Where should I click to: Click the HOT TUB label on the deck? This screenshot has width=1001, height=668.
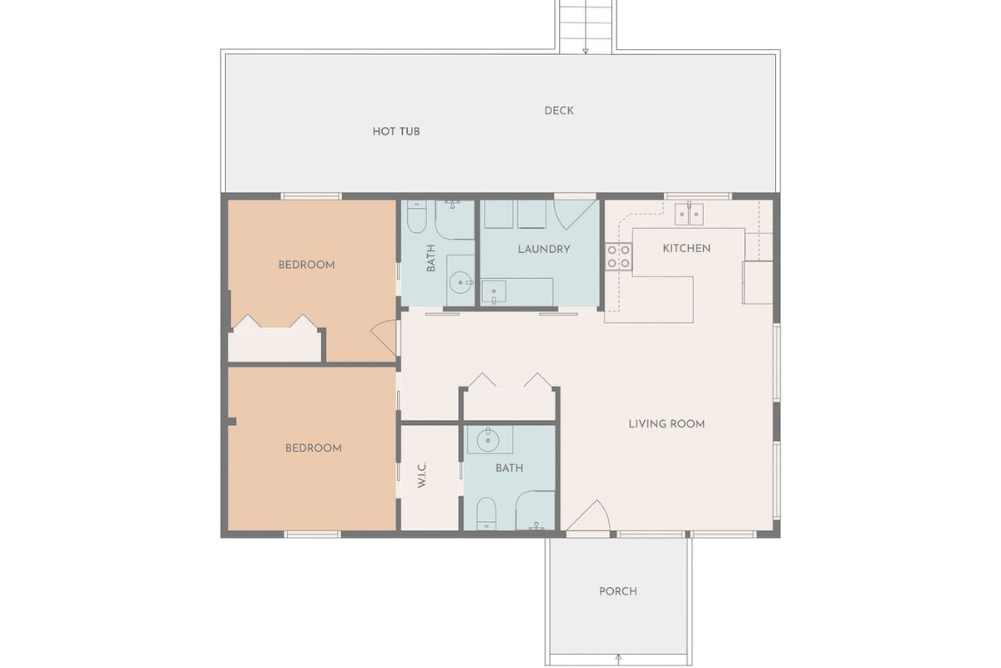pos(396,132)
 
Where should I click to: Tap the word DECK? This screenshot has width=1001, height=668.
pos(559,111)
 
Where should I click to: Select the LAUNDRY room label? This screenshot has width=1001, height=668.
pos(544,249)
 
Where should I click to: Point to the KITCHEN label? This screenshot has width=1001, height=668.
pos(687,248)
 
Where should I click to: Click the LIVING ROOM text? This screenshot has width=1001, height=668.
pos(666,423)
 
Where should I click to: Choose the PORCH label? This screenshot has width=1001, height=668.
pos(618,591)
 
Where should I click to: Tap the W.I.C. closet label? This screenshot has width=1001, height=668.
pos(422,475)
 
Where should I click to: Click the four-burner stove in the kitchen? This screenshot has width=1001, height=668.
pos(618,256)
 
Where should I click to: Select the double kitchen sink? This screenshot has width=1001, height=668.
pos(689,214)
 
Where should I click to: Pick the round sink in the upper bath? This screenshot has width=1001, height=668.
pos(460,283)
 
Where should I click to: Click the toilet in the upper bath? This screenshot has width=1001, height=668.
pos(416,217)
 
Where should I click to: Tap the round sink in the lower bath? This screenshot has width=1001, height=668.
pos(488,440)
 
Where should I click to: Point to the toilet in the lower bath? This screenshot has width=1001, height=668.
pos(486,514)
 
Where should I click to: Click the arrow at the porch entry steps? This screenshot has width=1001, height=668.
pos(618,659)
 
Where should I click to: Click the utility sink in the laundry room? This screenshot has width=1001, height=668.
pos(494,291)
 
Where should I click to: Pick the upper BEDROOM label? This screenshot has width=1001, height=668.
pos(307,265)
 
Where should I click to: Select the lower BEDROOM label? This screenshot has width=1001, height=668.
pos(314,448)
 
